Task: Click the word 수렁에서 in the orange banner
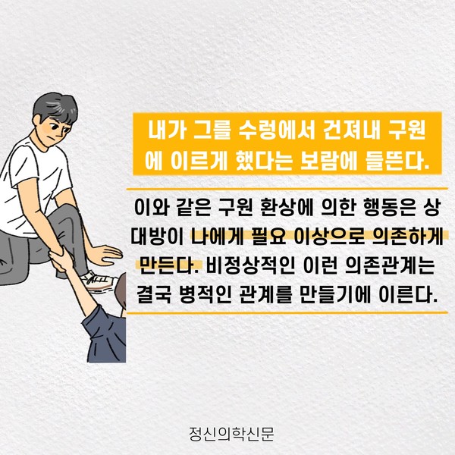pyautogui.click(x=277, y=130)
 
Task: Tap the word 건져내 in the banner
pyautogui.click(x=351, y=130)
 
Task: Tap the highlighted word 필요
pyautogui.click(x=269, y=237)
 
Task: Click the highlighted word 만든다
pyautogui.click(x=169, y=265)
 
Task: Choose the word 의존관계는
pyautogui.click(x=390, y=265)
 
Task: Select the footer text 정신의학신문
pyautogui.click(x=231, y=434)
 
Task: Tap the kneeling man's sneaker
pyautogui.click(x=99, y=281)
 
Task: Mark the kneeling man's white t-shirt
pyautogui.click(x=29, y=186)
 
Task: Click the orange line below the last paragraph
pyautogui.click(x=287, y=312)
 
